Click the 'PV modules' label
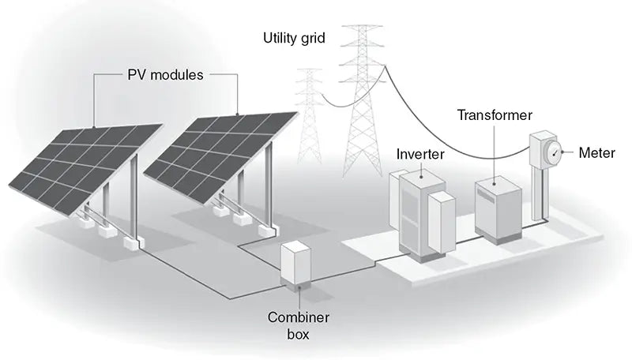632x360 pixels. [x=166, y=76]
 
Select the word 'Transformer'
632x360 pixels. [x=495, y=115]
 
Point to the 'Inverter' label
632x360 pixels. [x=419, y=152]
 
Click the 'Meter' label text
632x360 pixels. [x=596, y=152]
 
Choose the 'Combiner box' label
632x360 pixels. [x=297, y=325]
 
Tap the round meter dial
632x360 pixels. [x=556, y=151]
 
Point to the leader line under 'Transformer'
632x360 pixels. [x=495, y=150]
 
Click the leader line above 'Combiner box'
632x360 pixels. [x=297, y=298]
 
